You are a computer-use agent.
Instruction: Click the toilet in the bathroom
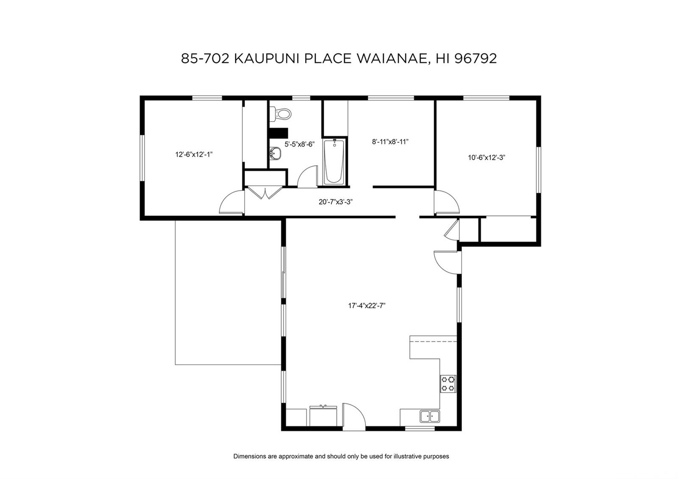pyautogui.click(x=280, y=114)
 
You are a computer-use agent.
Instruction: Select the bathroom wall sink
pyautogui.click(x=275, y=153)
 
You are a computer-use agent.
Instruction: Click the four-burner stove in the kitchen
pyautogui.click(x=448, y=384)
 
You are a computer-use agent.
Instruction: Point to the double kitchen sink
pyautogui.click(x=430, y=416)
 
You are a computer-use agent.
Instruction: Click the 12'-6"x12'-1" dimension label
pyautogui.click(x=194, y=154)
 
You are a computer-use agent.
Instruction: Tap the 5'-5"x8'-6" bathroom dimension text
pyautogui.click(x=300, y=144)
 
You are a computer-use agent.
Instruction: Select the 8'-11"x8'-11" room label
pyautogui.click(x=390, y=142)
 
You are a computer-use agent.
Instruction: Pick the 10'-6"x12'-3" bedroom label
pyautogui.click(x=486, y=157)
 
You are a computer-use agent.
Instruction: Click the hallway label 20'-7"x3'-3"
pyautogui.click(x=336, y=202)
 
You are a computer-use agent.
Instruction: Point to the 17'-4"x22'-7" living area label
pyautogui.click(x=367, y=306)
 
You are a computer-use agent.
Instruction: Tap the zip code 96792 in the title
pyautogui.click(x=475, y=58)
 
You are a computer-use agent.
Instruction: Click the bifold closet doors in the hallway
pyautogui.click(x=265, y=193)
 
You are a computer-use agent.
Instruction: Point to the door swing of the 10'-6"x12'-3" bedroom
pyautogui.click(x=447, y=202)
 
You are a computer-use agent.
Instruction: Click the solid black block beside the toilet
pyautogui.click(x=278, y=133)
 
